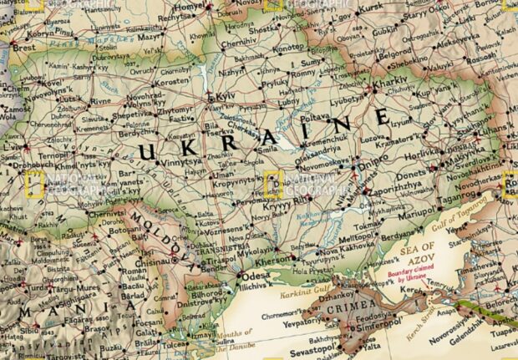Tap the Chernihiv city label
tap(239, 42)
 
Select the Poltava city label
tap(313, 119)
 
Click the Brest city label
tap(23, 48)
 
